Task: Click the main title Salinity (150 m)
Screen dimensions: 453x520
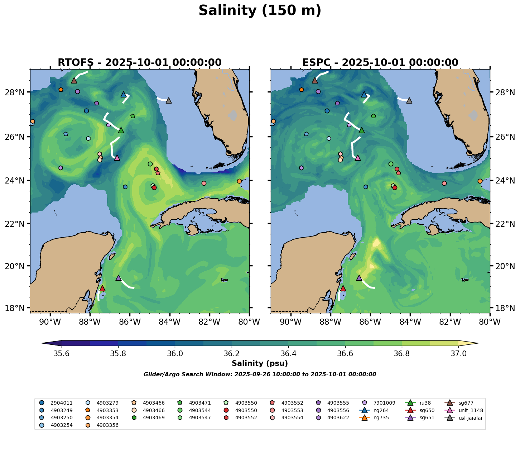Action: click(260, 11)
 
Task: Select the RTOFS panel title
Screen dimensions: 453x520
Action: click(140, 63)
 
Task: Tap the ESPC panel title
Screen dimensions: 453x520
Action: click(380, 63)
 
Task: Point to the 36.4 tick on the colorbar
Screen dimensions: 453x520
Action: click(288, 354)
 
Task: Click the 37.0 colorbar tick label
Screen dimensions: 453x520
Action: click(458, 354)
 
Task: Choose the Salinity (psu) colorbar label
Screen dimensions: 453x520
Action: click(260, 363)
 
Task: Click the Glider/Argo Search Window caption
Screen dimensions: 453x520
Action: click(260, 375)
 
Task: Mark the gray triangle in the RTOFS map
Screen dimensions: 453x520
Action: click(169, 100)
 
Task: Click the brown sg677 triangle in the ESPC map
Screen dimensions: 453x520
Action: click(315, 80)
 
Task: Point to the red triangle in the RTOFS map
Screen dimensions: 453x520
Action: click(102, 289)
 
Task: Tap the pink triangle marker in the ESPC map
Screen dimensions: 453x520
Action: click(357, 158)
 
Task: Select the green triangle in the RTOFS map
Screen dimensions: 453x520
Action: click(121, 130)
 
